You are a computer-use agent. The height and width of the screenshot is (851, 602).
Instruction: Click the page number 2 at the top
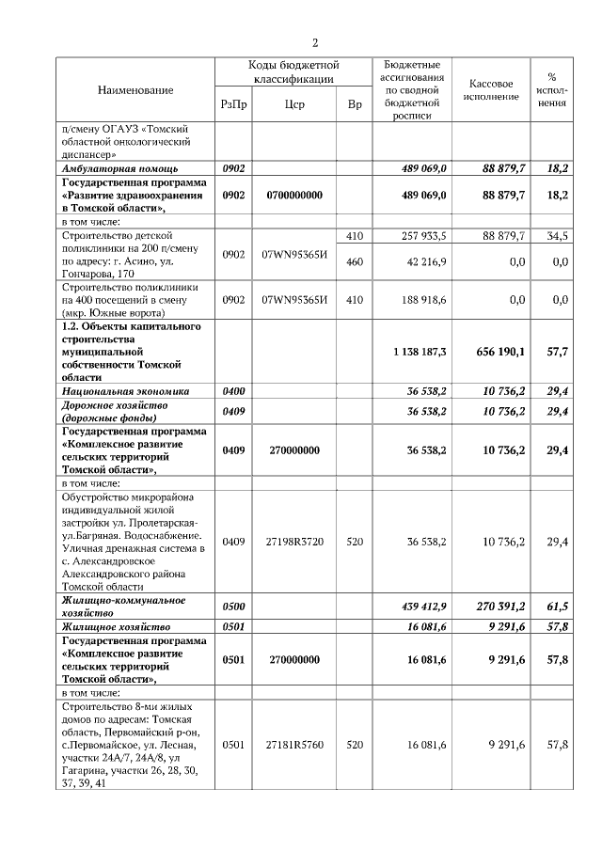[316, 42]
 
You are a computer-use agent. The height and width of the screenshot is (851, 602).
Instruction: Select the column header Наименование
[136, 89]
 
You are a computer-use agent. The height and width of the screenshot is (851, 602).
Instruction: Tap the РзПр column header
[233, 105]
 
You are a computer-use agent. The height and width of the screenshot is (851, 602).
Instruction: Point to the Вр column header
[355, 105]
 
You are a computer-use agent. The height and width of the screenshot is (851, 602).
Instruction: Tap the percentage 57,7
[557, 351]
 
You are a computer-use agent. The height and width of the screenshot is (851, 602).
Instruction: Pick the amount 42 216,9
[425, 262]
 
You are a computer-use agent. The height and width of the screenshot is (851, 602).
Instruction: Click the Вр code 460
[355, 262]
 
